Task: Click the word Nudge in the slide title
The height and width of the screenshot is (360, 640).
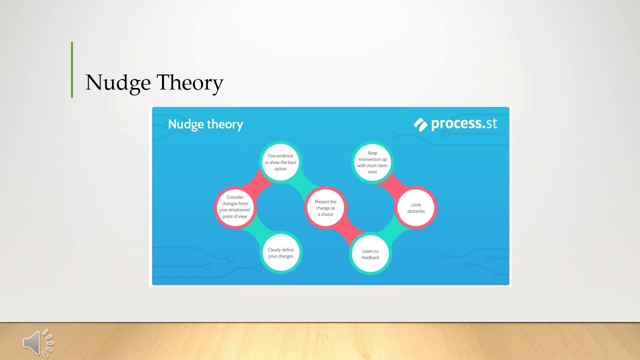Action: pyautogui.click(x=118, y=82)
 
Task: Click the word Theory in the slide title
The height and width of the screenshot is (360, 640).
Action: pyautogui.click(x=190, y=82)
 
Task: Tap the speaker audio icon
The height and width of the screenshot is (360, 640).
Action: pyautogui.click(x=38, y=343)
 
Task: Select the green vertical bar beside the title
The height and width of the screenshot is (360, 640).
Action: pyautogui.click(x=72, y=70)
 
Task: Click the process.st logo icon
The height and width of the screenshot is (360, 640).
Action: pyautogui.click(x=420, y=125)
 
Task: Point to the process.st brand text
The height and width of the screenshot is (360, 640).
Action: pyautogui.click(x=464, y=123)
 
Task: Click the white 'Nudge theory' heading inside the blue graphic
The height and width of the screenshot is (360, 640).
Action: pyautogui.click(x=205, y=124)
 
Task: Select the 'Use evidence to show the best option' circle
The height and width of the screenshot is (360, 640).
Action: pyautogui.click(x=280, y=162)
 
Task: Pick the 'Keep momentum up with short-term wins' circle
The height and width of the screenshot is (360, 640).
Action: pyautogui.click(x=372, y=162)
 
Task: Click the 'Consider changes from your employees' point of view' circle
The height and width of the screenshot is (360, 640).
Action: pyautogui.click(x=235, y=207)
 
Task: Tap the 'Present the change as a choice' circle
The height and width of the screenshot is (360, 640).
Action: pyautogui.click(x=325, y=207)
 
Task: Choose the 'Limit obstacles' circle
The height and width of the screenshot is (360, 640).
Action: pyautogui.click(x=415, y=207)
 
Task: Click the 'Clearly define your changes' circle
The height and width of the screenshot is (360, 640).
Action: pyautogui.click(x=281, y=252)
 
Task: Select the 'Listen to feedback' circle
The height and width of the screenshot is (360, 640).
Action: pyautogui.click(x=370, y=254)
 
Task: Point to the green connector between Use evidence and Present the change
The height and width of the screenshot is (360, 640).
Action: pyautogui.click(x=305, y=183)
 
